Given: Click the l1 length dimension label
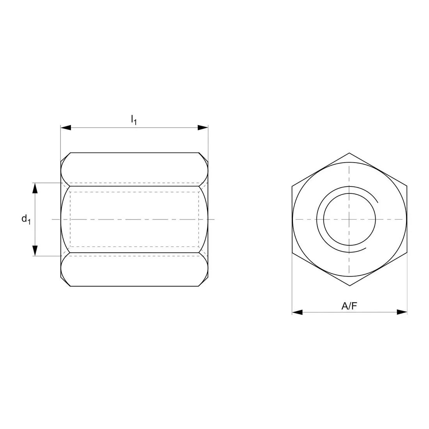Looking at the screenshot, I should tap(134, 119).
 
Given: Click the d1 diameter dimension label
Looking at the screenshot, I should tap(26, 219).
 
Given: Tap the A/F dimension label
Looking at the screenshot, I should tap(349, 306).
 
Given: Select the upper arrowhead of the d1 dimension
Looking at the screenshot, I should tap(35, 188).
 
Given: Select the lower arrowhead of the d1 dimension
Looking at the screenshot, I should tap(35, 250).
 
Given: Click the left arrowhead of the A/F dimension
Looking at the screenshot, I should tap(297, 312).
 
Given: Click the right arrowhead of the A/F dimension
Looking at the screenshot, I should tap(402, 312).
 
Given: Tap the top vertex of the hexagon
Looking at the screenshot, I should tap(349, 153).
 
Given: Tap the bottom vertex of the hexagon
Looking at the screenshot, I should tap(349, 286).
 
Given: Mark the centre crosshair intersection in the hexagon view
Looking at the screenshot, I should tap(349, 219).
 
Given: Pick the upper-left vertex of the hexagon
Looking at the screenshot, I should tap(292, 186).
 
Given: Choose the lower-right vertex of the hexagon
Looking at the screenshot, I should tap(407, 253).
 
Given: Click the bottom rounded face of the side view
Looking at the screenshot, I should tap(134, 269).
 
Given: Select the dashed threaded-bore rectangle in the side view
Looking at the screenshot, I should tap(134, 192).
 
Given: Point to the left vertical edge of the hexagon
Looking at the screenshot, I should tap(292, 219).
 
